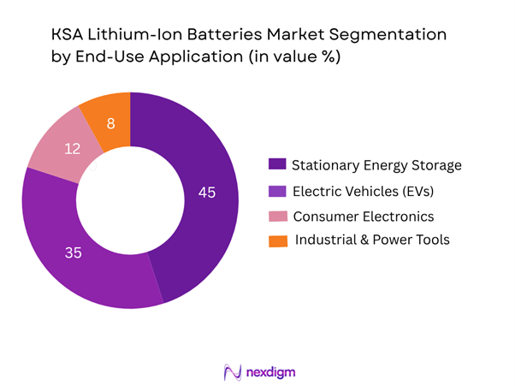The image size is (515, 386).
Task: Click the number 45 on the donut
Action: coord(206,193)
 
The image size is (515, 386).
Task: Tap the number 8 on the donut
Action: coord(110,124)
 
